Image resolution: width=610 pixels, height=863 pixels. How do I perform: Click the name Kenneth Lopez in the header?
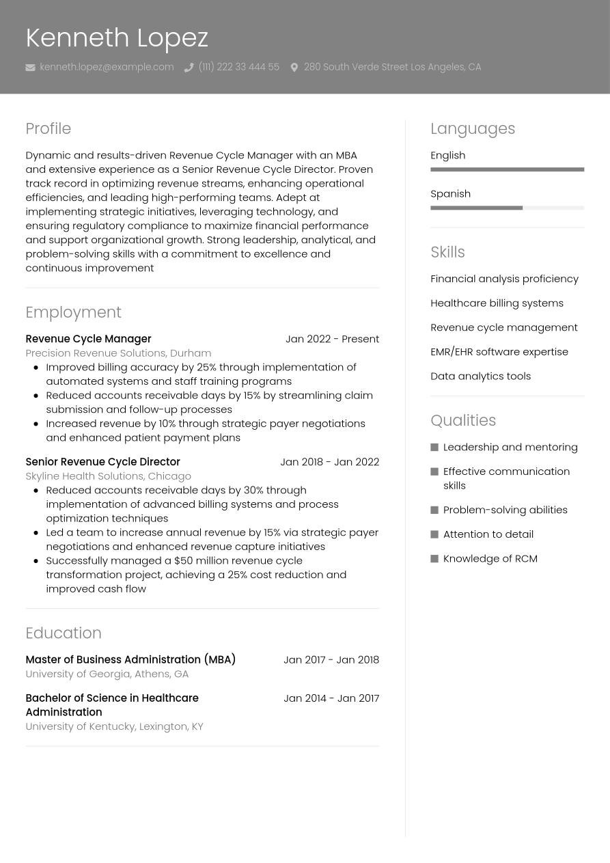pyautogui.click(x=116, y=38)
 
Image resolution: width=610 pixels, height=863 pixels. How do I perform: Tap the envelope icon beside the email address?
pyautogui.click(x=30, y=67)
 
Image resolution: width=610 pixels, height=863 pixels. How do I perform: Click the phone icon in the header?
pyautogui.click(x=189, y=67)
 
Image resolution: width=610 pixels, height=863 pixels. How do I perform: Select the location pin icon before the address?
pyautogui.click(x=294, y=67)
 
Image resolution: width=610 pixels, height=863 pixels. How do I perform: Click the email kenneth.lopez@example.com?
pyautogui.click(x=107, y=67)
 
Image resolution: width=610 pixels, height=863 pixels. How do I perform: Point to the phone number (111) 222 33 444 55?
pyautogui.click(x=238, y=67)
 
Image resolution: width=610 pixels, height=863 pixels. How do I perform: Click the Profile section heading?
pyautogui.click(x=48, y=128)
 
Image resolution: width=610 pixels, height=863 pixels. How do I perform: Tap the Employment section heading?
pyautogui.click(x=73, y=312)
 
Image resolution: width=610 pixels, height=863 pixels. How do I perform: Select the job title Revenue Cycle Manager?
pyautogui.click(x=88, y=339)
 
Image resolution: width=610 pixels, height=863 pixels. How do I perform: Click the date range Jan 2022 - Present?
pyautogui.click(x=332, y=339)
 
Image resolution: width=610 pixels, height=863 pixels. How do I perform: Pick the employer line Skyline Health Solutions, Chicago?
pyautogui.click(x=108, y=476)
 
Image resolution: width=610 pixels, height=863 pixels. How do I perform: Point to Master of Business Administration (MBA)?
pyautogui.click(x=130, y=659)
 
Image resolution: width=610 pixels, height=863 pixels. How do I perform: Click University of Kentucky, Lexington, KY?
pyautogui.click(x=114, y=726)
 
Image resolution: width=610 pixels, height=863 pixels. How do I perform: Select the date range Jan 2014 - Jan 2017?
pyautogui.click(x=331, y=698)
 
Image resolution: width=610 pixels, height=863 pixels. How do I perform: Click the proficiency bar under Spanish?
pyautogui.click(x=507, y=208)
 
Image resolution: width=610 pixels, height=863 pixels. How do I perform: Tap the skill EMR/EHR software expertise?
pyautogui.click(x=499, y=351)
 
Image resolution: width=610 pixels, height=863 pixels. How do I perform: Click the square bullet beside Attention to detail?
pyautogui.click(x=434, y=534)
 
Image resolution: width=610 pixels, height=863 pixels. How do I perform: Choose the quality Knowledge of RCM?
pyautogui.click(x=490, y=558)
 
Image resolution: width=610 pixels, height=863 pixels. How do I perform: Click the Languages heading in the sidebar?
pyautogui.click(x=473, y=128)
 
